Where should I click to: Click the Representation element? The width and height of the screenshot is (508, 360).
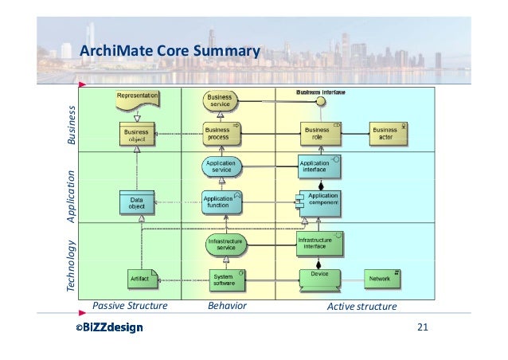138,99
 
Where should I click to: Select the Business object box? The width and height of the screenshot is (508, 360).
137,133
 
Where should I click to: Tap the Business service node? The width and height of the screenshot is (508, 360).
220,101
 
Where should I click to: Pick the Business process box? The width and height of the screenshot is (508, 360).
217,133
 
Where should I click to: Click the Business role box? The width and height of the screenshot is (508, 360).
318,133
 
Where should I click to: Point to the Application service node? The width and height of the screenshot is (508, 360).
221,166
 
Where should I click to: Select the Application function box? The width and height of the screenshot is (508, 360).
217,202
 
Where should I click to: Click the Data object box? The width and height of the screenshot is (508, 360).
137,203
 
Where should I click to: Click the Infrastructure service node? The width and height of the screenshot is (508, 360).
225,244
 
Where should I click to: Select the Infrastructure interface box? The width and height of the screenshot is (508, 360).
318,243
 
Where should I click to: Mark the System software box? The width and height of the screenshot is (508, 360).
223,279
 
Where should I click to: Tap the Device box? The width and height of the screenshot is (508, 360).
319,279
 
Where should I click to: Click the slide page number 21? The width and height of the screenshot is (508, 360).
424,328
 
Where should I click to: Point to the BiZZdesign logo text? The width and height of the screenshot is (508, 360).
109,328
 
